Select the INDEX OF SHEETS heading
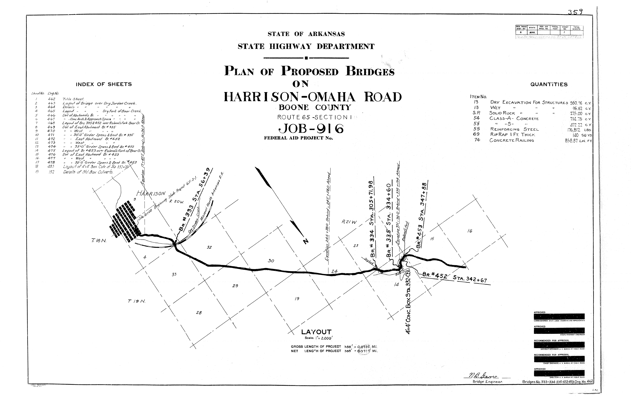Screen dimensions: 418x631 coord(104,84)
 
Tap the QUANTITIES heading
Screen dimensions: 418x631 coord(549,85)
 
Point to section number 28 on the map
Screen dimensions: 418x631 coord(199,313)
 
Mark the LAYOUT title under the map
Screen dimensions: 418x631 coord(316,332)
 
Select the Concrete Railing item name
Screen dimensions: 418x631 coord(512,140)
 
